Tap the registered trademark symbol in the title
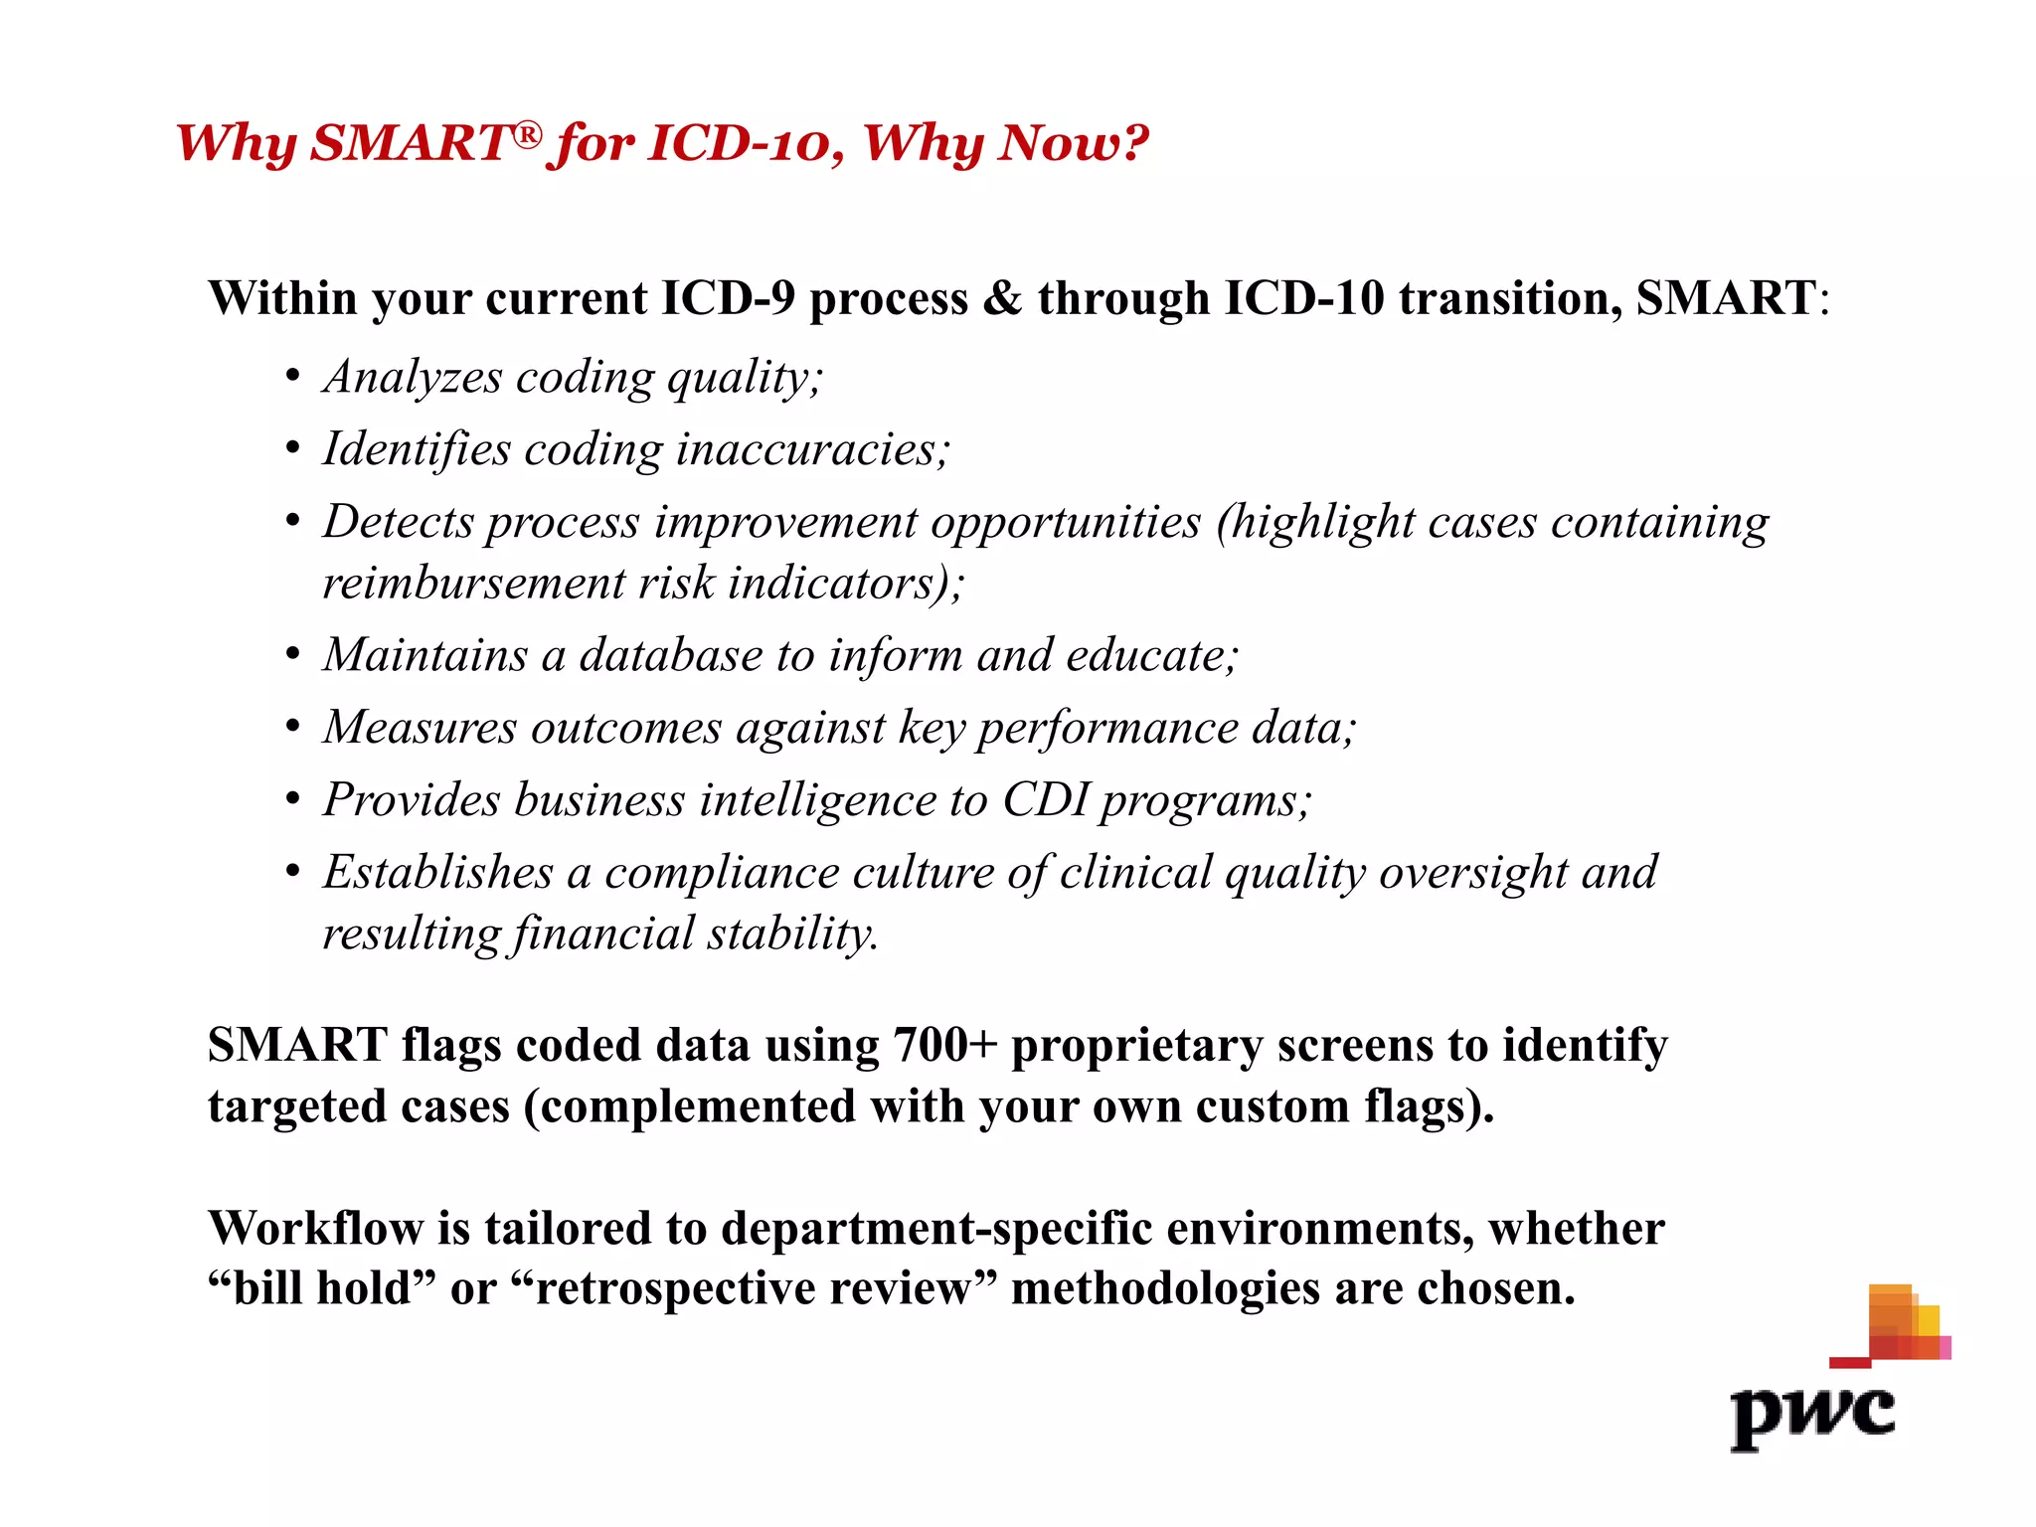pyautogui.click(x=529, y=134)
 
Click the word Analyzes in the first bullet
pyautogui.click(x=413, y=378)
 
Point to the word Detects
pyautogui.click(x=397, y=522)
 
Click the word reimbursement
pyautogui.click(x=472, y=584)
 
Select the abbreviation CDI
pyautogui.click(x=1045, y=800)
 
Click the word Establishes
pyautogui.click(x=437, y=873)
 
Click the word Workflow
pyautogui.click(x=315, y=1229)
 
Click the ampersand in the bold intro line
pyautogui.click(x=1002, y=298)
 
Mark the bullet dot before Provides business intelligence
pyautogui.click(x=292, y=800)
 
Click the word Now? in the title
pyautogui.click(x=1073, y=143)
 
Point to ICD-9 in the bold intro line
pyautogui.click(x=728, y=298)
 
